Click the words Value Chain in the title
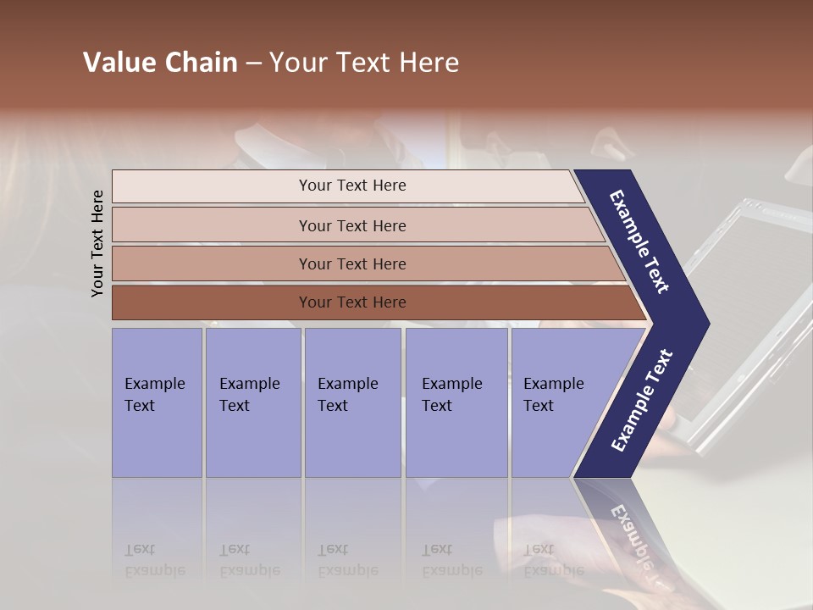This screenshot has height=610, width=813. click(160, 63)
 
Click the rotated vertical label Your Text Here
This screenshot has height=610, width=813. click(97, 244)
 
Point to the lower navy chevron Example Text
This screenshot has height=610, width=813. click(642, 401)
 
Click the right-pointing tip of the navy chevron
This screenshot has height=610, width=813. click(701, 324)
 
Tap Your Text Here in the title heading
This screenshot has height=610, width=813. click(364, 63)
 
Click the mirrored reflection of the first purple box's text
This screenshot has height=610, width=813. click(154, 560)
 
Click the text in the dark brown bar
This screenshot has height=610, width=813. click(352, 302)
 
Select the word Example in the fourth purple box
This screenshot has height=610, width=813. click(451, 384)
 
